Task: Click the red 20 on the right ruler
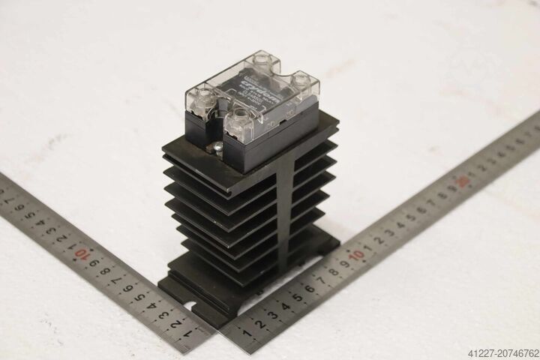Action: point(466,181)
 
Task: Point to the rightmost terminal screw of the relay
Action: point(301,77)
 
